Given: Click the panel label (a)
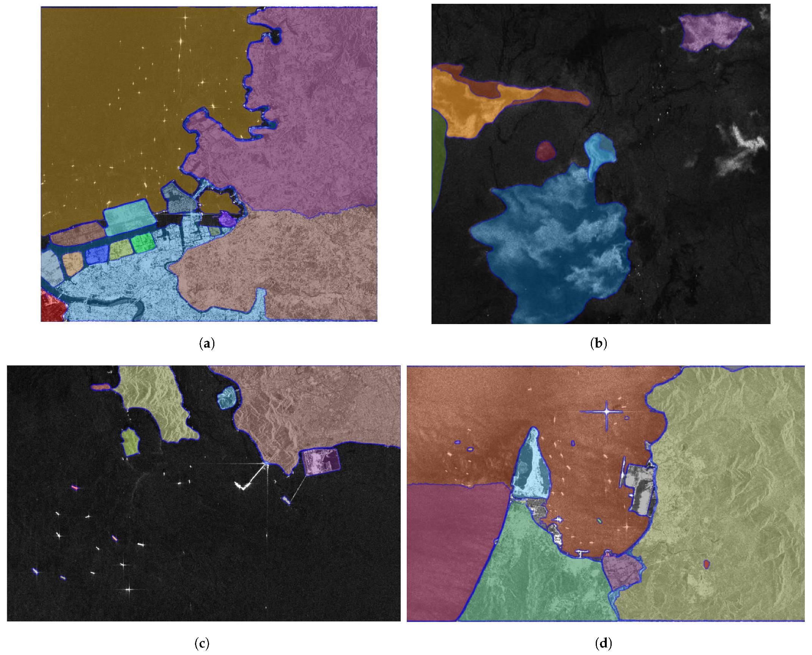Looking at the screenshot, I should [x=207, y=343].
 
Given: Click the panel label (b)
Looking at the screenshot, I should [x=598, y=343].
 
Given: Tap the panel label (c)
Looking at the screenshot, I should [x=201, y=643].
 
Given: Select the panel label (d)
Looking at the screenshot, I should [x=603, y=643].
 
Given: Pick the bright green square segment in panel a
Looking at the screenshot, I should [x=142, y=243].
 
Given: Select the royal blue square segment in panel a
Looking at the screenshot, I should [x=97, y=255].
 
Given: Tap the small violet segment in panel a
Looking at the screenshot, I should [x=227, y=219].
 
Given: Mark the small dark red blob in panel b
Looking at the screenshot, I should [x=546, y=151].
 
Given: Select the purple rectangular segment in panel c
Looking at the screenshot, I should [x=321, y=462].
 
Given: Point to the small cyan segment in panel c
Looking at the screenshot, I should [x=226, y=397].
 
